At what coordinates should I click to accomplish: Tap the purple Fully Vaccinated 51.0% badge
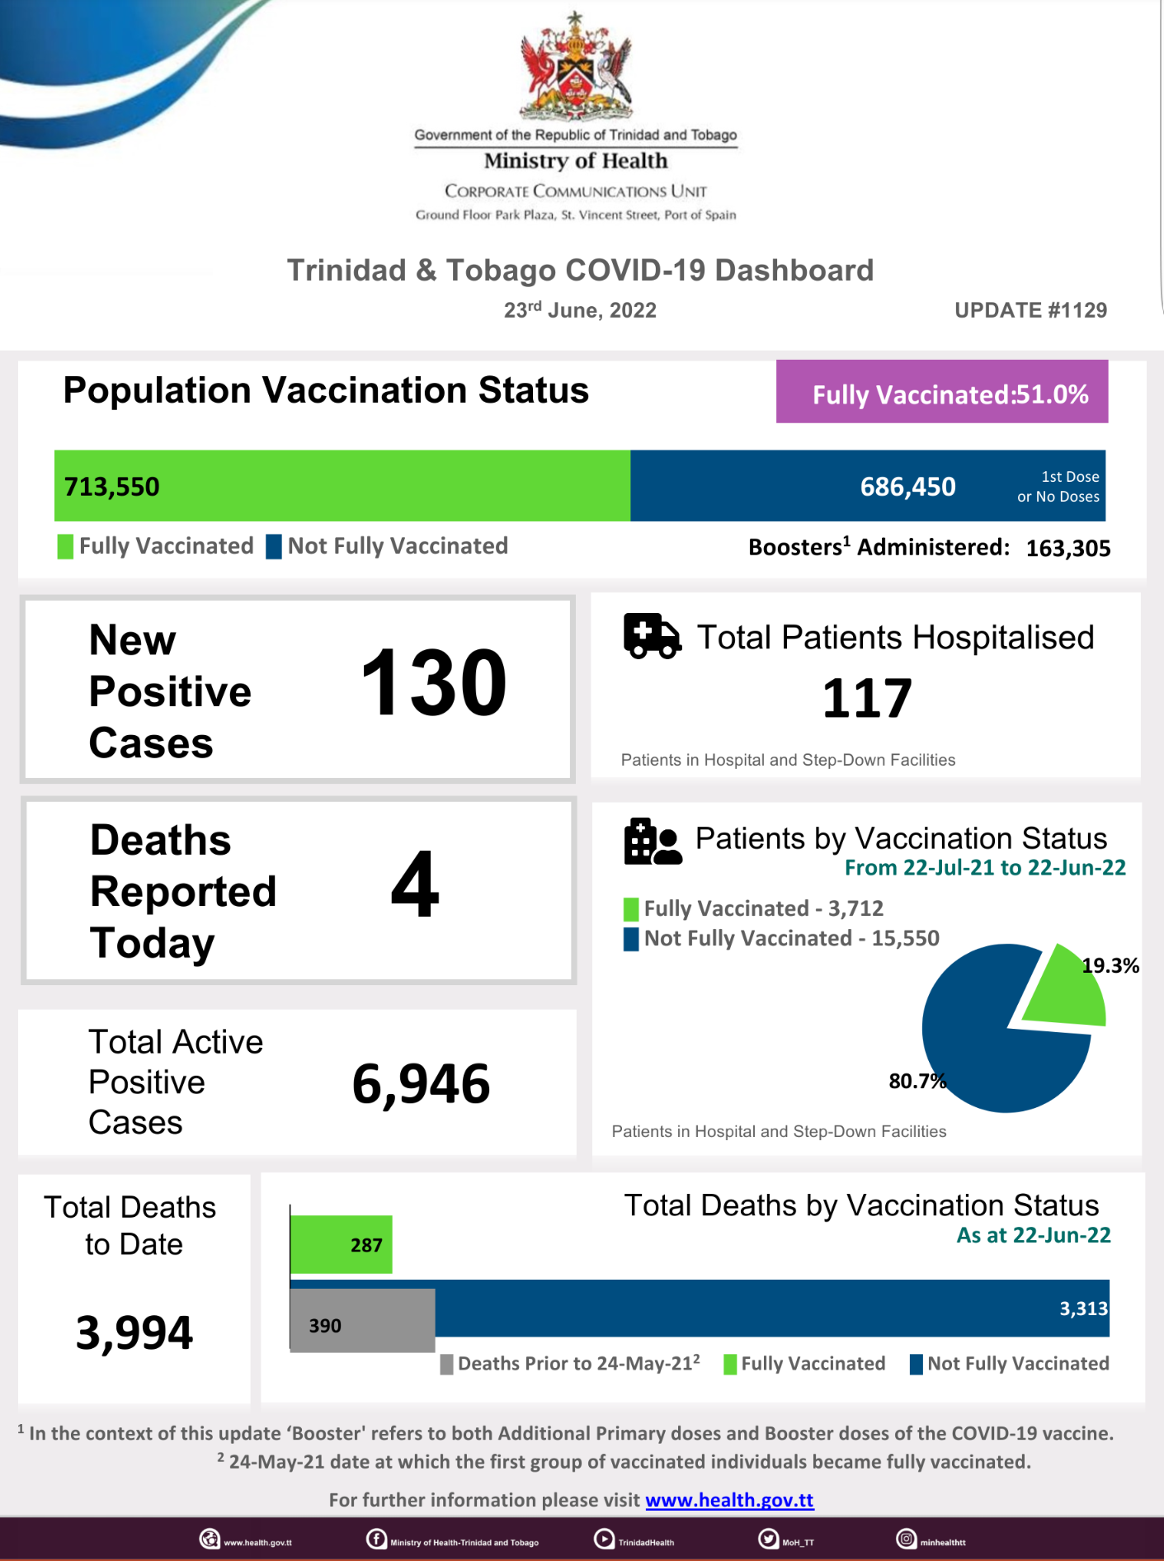coord(941,393)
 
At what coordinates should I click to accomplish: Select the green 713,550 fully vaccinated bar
coord(342,486)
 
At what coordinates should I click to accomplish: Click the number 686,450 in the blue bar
coord(907,487)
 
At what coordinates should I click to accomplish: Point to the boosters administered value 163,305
coord(1067,549)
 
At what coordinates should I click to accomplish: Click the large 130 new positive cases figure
coord(434,684)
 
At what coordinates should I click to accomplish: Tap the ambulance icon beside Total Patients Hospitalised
coord(652,636)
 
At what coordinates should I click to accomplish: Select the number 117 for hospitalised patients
coord(867,699)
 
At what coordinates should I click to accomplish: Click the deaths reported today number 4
coord(415,884)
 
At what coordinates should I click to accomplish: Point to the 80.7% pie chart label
coord(917,1081)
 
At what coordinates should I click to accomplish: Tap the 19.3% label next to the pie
coord(1110,966)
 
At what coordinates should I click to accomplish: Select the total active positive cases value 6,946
coord(421,1084)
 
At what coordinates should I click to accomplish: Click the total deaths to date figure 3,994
coord(134,1332)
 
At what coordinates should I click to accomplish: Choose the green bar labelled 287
coord(341,1245)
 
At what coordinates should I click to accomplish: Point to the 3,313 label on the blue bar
coord(1083,1309)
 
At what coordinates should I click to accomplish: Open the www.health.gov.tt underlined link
coord(729,1500)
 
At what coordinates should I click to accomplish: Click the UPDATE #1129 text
coord(1030,310)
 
